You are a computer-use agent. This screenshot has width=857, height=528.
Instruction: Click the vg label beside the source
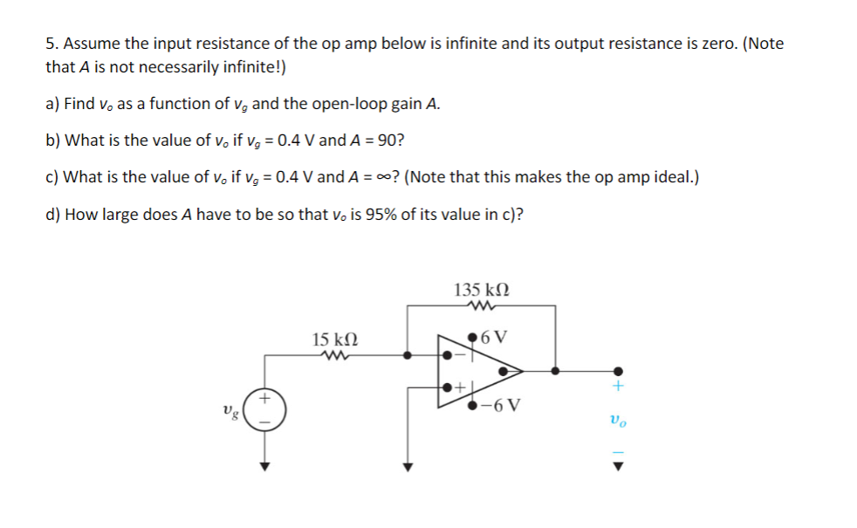230,410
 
